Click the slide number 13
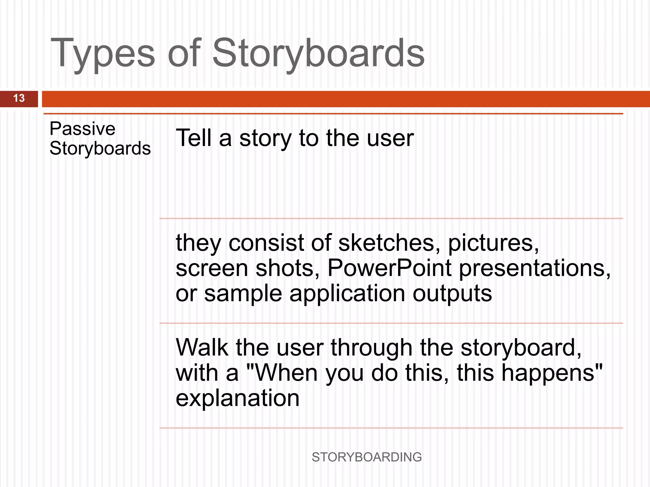click(x=19, y=98)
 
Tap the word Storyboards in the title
click(x=318, y=53)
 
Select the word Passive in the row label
click(x=82, y=129)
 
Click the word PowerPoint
click(x=389, y=268)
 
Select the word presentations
click(x=534, y=268)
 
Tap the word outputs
click(x=452, y=293)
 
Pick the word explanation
click(x=237, y=398)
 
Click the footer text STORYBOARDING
click(x=367, y=457)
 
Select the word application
click(x=347, y=293)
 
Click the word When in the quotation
click(x=286, y=373)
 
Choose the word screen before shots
click(x=212, y=268)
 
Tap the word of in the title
click(x=184, y=53)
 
